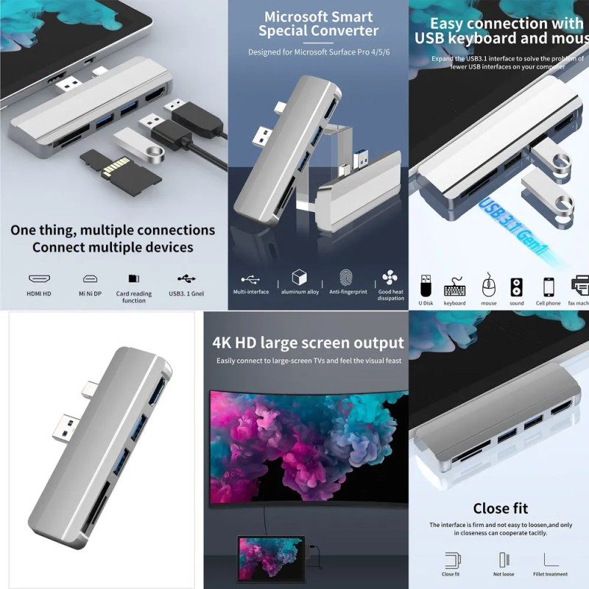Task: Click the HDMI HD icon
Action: (x=39, y=279)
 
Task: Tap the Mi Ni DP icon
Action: (x=90, y=279)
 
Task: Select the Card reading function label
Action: (x=134, y=297)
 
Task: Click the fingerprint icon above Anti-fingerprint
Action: (x=350, y=278)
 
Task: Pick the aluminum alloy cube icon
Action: (x=299, y=278)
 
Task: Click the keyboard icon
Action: (x=454, y=285)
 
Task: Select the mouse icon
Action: (x=488, y=284)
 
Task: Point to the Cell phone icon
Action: (x=548, y=286)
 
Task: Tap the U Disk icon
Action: (x=426, y=285)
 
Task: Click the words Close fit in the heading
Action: (x=500, y=508)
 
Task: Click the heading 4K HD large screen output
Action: (x=308, y=343)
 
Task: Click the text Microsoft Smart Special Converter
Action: (x=318, y=24)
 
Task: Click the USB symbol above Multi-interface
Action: (x=250, y=279)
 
